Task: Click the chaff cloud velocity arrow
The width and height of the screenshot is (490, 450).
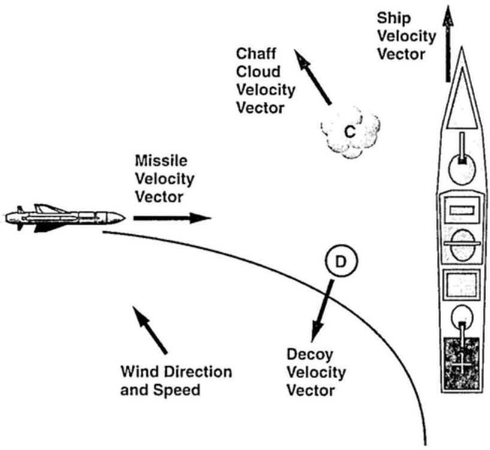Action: (314, 77)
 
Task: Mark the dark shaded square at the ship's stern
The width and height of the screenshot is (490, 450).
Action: (461, 363)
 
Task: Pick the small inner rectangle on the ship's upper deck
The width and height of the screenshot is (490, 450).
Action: (462, 210)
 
